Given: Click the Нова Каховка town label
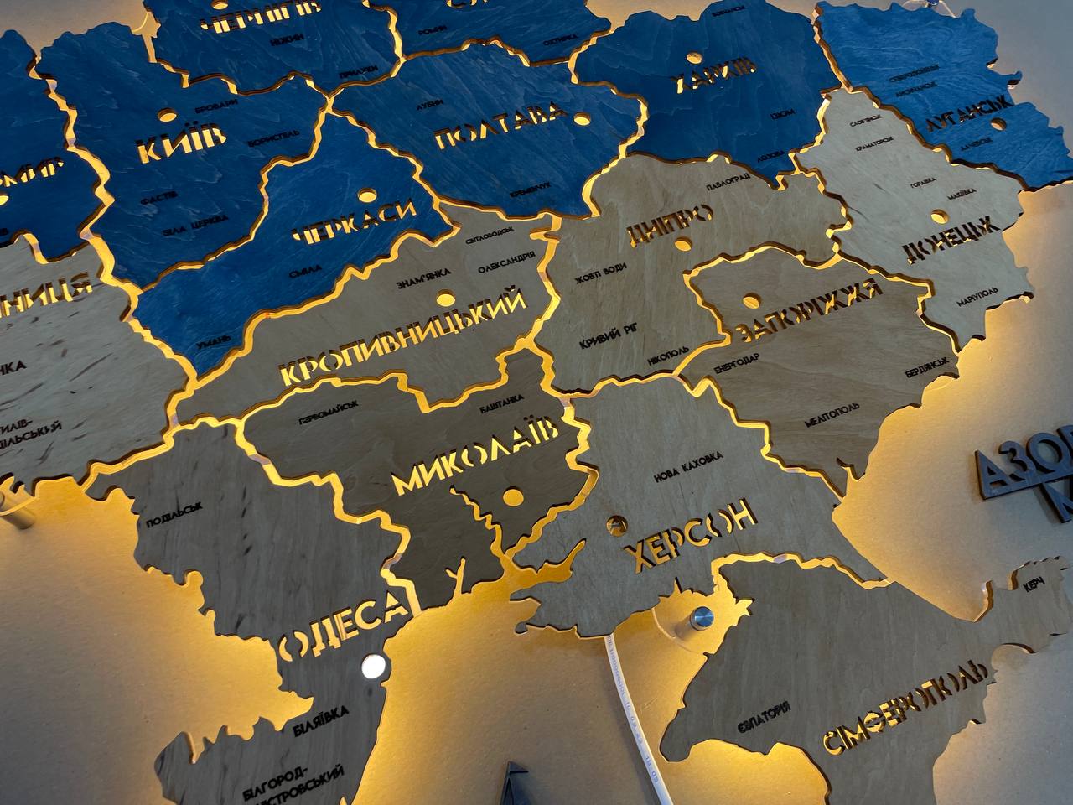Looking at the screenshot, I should click(687, 466).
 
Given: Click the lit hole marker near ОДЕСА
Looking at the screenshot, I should click(373, 667).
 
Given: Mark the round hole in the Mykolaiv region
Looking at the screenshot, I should click(511, 497).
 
